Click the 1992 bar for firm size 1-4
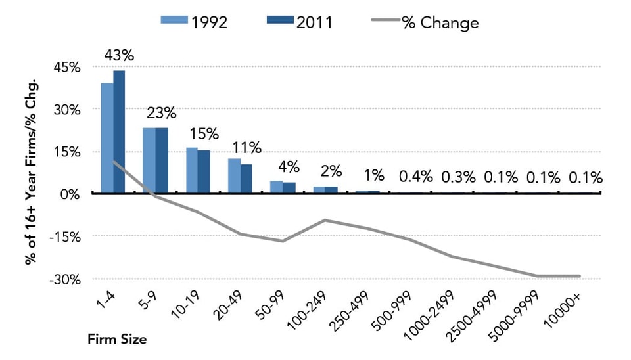[106, 138]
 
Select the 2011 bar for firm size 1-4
[119, 132]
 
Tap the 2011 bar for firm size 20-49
[246, 178]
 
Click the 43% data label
[119, 56]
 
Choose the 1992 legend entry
[195, 22]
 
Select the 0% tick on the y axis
[70, 194]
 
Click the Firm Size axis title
[117, 340]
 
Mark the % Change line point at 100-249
[325, 220]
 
